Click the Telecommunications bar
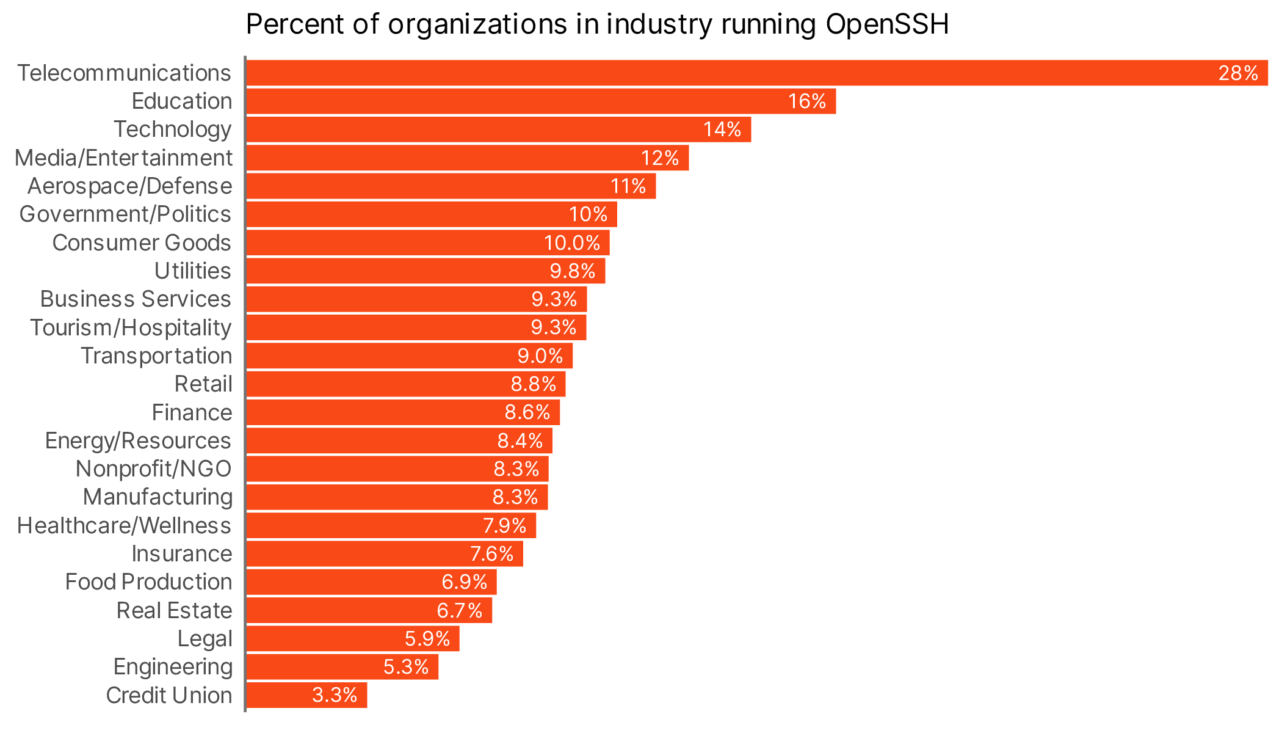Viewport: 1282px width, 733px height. [733, 73]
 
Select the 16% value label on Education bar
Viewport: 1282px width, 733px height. [806, 101]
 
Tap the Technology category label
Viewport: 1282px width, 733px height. [172, 129]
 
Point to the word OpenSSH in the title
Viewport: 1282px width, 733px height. [886, 24]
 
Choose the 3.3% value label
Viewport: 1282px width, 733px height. [335, 695]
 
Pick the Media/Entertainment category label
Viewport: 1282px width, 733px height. [123, 158]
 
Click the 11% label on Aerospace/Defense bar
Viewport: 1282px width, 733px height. [628, 186]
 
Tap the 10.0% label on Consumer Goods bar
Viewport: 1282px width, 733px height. [572, 243]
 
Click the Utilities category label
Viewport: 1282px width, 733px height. [192, 271]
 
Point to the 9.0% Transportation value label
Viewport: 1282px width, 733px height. [540, 356]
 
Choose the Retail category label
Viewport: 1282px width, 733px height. [203, 384]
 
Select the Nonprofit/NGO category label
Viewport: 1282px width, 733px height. [153, 469]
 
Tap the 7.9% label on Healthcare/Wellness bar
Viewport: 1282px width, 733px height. [504, 525]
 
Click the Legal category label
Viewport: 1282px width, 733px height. [205, 639]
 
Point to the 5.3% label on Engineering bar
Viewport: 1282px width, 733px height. [406, 667]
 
